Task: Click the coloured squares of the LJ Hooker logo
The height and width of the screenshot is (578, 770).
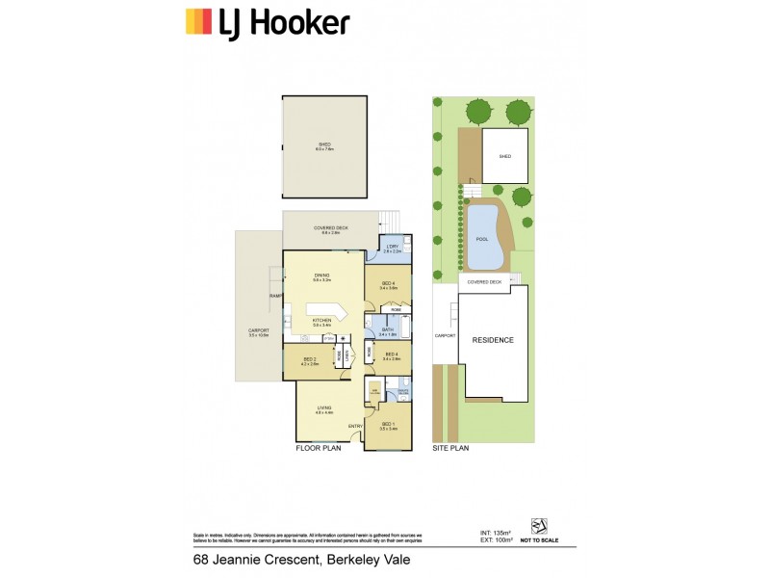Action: (x=197, y=21)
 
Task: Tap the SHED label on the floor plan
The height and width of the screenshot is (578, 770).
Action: (x=324, y=144)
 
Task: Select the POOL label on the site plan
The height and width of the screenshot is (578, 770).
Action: (x=481, y=239)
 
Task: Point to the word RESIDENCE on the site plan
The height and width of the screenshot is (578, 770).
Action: (x=492, y=340)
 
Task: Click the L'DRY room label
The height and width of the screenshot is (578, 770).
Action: (x=392, y=248)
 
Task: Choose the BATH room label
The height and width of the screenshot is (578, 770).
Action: (x=388, y=330)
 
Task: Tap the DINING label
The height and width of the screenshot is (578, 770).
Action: (x=322, y=276)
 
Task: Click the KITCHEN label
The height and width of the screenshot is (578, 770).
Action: (x=322, y=320)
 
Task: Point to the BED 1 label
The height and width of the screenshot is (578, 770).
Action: (x=388, y=424)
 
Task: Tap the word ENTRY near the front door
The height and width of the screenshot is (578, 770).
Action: (x=355, y=426)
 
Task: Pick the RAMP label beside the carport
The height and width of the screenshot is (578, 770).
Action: (x=275, y=296)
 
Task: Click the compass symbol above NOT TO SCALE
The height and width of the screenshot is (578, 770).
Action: (x=539, y=524)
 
